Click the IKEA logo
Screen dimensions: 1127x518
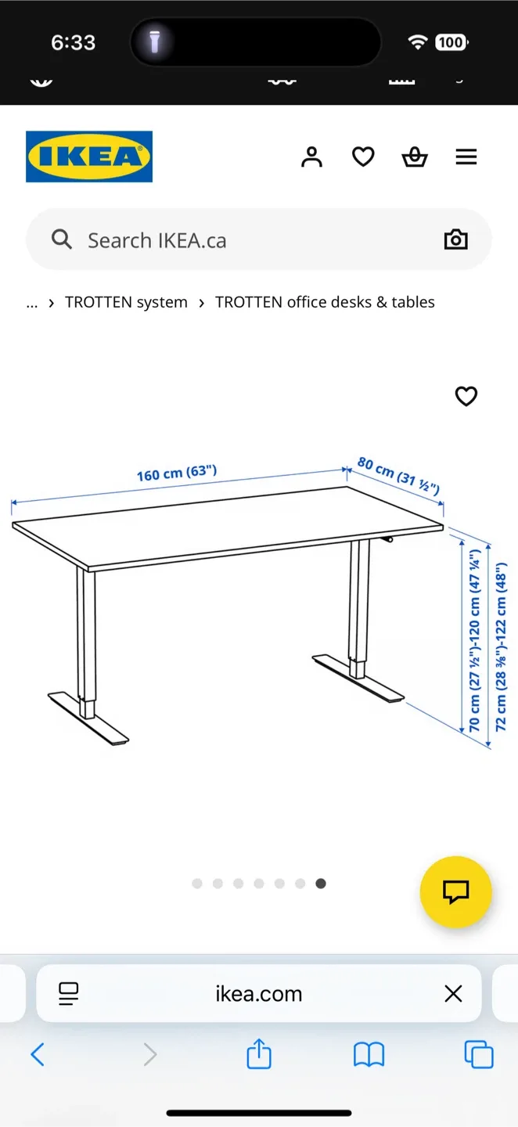(x=89, y=157)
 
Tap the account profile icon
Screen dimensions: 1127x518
(x=311, y=157)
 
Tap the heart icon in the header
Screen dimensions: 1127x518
(x=363, y=157)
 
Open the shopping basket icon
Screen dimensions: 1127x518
(x=415, y=157)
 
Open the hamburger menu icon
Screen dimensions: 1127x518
(x=466, y=157)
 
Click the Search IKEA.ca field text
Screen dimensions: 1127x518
(x=156, y=240)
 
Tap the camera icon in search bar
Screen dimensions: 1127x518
(x=455, y=239)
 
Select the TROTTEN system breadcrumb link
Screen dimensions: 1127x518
(x=126, y=302)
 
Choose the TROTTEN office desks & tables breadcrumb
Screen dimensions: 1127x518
(x=325, y=302)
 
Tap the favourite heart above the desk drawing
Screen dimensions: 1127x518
(x=466, y=397)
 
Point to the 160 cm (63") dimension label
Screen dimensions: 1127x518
(x=177, y=473)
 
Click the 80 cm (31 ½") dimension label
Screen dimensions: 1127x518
(x=399, y=475)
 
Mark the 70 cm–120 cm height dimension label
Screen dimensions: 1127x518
(x=475, y=640)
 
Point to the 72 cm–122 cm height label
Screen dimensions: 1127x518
(x=502, y=646)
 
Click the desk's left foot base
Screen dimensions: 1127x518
(x=88, y=716)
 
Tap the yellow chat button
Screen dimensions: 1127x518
(x=455, y=891)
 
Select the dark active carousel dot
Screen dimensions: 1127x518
(x=321, y=884)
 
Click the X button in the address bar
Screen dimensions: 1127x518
(x=453, y=994)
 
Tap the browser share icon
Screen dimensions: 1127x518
(x=259, y=1054)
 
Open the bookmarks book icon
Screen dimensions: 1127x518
(x=369, y=1055)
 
